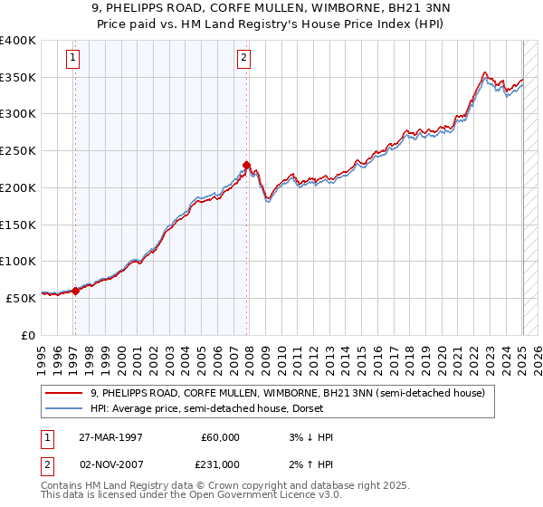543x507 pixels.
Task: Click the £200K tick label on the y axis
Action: (19, 187)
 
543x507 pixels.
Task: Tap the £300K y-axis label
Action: (19, 114)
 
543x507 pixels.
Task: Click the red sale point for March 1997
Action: (75, 291)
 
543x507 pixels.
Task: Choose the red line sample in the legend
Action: (64, 393)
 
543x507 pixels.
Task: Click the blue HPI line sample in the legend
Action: (64, 409)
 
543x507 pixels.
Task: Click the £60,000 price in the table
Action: (221, 437)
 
